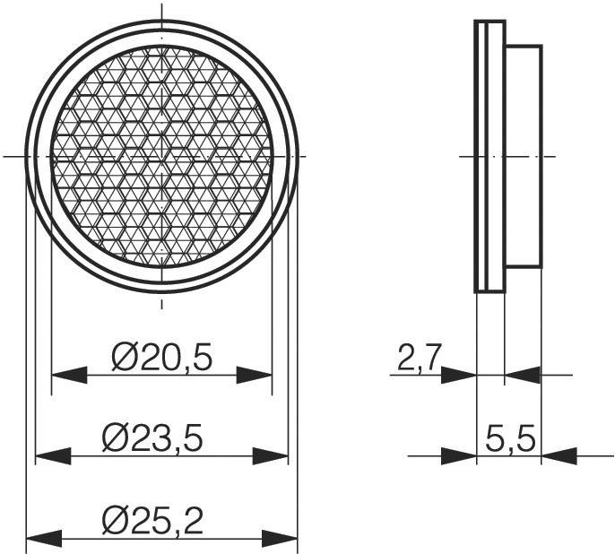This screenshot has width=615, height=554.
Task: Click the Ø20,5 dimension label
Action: (x=161, y=358)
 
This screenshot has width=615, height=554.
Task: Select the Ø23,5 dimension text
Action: (x=153, y=438)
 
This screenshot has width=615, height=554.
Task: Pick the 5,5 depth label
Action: (x=510, y=439)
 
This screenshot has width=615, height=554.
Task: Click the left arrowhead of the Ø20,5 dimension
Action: (x=69, y=375)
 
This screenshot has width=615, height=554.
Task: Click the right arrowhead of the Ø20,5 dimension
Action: (x=254, y=375)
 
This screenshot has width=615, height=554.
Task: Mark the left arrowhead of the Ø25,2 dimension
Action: (x=43, y=539)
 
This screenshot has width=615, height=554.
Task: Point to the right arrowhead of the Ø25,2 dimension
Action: (x=279, y=539)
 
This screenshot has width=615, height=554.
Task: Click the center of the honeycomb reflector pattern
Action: (x=161, y=156)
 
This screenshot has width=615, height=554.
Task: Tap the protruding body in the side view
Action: (x=524, y=156)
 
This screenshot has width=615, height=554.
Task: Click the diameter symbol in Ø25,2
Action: (x=117, y=519)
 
